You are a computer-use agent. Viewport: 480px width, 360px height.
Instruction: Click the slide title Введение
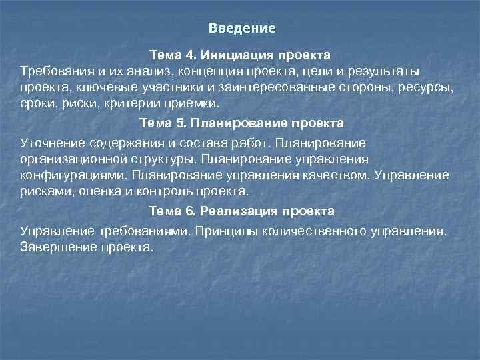click(x=241, y=29)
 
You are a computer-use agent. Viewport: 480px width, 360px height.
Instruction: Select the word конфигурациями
click(x=73, y=175)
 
